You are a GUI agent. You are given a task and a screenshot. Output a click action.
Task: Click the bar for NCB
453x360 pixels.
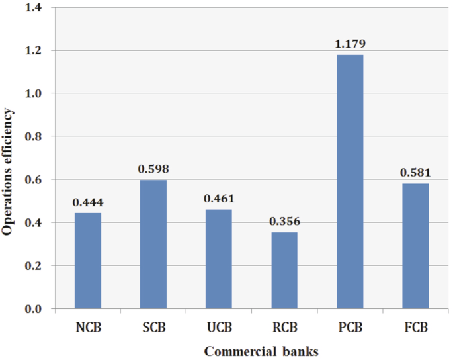(88, 261)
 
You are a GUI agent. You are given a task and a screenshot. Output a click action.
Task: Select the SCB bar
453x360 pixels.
(153, 244)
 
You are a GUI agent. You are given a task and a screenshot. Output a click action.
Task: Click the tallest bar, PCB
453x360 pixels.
(350, 181)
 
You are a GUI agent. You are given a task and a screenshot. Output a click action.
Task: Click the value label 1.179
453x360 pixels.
(350, 44)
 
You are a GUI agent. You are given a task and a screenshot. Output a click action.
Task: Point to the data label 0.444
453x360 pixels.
(88, 202)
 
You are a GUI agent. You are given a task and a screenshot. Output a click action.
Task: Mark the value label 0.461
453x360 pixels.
(219, 199)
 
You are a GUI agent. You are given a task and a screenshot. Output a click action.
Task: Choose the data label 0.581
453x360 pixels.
(415, 173)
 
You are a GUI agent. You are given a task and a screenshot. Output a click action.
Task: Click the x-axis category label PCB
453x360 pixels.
(350, 328)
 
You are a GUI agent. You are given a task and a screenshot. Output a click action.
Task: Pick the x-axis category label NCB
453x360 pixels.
(88, 328)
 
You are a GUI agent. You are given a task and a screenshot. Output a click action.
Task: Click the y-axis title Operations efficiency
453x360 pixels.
(9, 159)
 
